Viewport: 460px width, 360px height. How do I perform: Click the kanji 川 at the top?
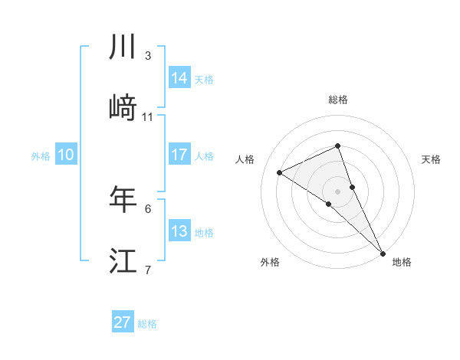123,48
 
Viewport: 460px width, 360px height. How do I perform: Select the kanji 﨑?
123,108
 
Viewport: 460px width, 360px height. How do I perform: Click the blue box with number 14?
179,78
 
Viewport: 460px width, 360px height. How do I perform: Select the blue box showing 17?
179,155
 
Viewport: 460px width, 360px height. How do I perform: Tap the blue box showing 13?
179,231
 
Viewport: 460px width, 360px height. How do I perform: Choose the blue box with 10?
66,155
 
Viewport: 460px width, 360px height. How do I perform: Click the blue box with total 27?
123,322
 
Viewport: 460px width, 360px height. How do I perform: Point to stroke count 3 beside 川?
148,56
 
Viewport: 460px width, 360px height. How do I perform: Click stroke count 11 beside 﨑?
148,117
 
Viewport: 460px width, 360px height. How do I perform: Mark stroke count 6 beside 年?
148,208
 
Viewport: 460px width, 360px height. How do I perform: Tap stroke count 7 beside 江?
148,270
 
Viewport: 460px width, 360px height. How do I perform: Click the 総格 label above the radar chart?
338,100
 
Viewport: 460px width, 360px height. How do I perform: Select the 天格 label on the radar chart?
432,159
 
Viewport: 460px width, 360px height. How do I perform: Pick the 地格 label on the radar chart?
402,262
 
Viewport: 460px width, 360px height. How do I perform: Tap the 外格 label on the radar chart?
270,262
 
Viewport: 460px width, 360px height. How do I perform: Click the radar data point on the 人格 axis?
280,172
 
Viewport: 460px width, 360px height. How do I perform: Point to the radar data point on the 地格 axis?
383,252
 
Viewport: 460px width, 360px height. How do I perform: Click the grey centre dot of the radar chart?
338,191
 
